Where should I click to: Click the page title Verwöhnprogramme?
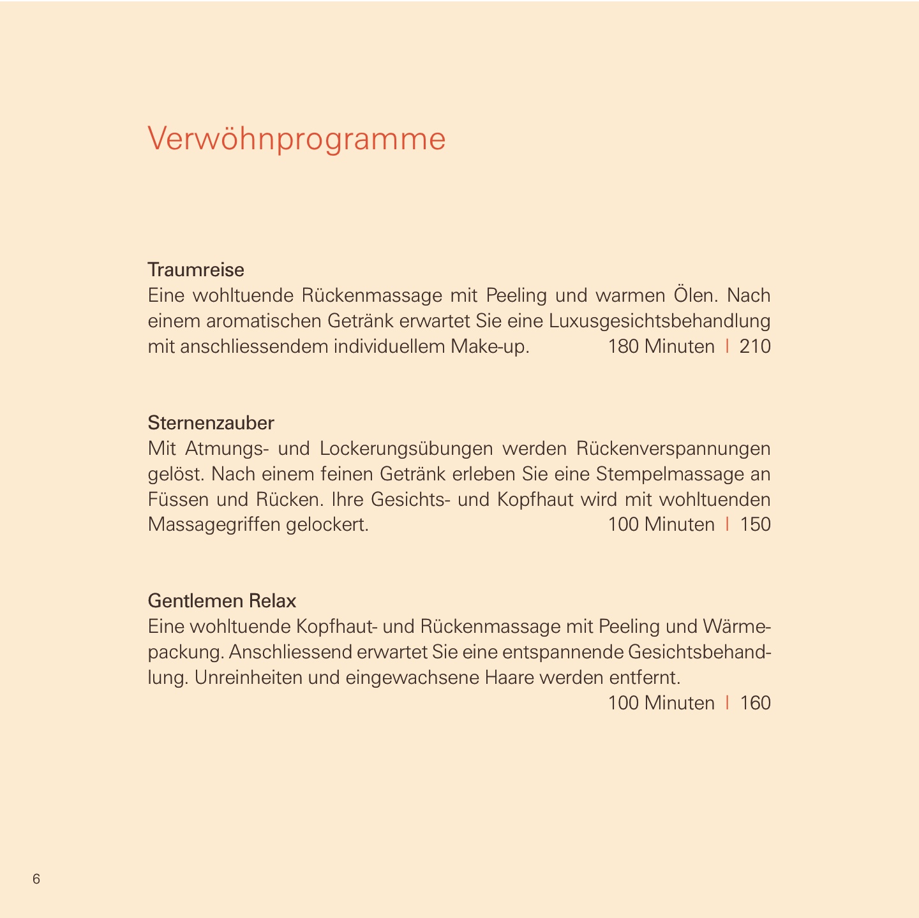pyautogui.click(x=297, y=139)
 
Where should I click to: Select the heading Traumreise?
pyautogui.click(x=196, y=270)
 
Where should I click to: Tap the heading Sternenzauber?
pyautogui.click(x=211, y=422)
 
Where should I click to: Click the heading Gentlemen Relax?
pyautogui.click(x=222, y=601)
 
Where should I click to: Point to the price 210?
pyautogui.click(x=755, y=346)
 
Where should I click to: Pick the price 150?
pyautogui.click(x=755, y=524)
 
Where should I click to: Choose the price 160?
pyautogui.click(x=755, y=703)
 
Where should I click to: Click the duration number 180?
pyautogui.click(x=623, y=346)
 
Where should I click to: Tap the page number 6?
pyautogui.click(x=36, y=879)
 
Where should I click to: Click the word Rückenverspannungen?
pyautogui.click(x=673, y=448)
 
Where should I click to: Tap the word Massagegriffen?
pyautogui.click(x=214, y=525)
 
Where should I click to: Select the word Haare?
pyautogui.click(x=509, y=677)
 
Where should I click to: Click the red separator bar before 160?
pyautogui.click(x=727, y=703)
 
